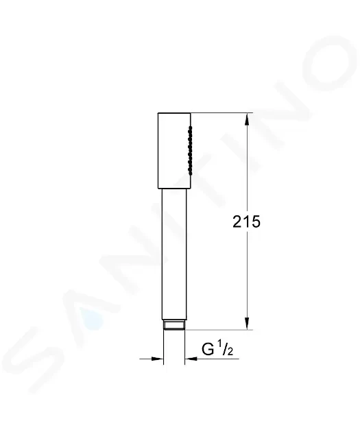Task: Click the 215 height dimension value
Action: click(248, 222)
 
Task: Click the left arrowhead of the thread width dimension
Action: click(158, 357)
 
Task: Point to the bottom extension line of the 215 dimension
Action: click(219, 330)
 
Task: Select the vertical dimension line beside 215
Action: click(248, 274)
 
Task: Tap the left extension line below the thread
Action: click(163, 346)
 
